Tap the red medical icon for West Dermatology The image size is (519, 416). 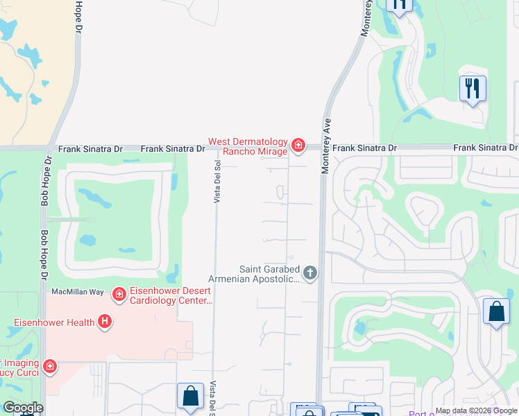298,144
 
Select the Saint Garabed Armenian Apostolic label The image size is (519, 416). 270,274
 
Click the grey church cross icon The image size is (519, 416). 310,273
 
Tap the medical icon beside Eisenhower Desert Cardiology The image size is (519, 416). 119,294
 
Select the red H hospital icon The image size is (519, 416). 105,321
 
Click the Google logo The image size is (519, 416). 23,408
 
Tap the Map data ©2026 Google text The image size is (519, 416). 476,410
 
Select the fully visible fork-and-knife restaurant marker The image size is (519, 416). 473,89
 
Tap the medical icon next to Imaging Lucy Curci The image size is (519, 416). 49,365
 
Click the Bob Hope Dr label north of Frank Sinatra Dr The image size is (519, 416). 77,17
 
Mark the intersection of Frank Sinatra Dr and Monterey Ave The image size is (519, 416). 323,148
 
